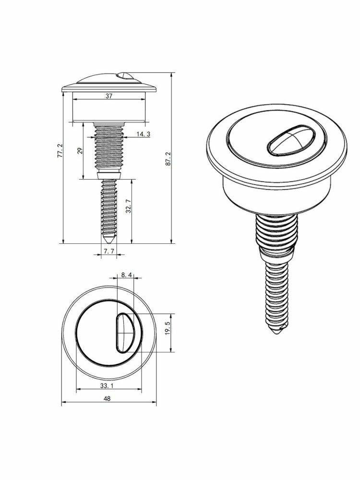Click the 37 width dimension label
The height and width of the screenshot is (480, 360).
click(x=109, y=96)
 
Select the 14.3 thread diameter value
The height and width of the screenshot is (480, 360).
click(x=143, y=134)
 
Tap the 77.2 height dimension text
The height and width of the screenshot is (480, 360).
click(x=60, y=151)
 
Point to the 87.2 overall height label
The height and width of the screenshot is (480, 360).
click(x=168, y=159)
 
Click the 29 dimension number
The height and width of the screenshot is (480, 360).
click(x=80, y=151)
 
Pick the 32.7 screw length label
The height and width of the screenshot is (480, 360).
click(x=129, y=206)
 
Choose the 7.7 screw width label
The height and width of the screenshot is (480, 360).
click(x=108, y=252)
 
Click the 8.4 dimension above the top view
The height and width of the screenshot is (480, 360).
click(x=126, y=275)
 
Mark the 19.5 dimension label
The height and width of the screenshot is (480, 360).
click(x=167, y=328)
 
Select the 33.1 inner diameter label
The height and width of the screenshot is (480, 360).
click(x=107, y=386)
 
